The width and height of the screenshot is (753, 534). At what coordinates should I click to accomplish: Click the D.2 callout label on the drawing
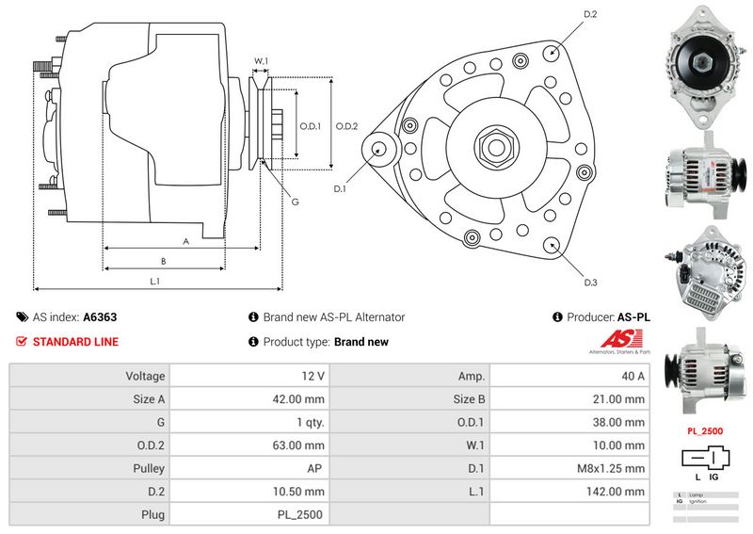[591, 14]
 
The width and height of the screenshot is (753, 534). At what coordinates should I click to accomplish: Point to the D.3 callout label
[591, 283]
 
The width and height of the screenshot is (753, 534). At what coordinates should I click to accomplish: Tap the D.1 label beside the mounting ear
[341, 188]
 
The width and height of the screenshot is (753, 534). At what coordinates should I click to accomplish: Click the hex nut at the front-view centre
[494, 147]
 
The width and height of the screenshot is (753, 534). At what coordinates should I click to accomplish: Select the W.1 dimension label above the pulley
[262, 61]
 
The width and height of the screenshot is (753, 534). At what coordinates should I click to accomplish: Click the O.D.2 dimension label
[347, 125]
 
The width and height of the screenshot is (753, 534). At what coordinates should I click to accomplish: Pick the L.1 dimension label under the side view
[154, 281]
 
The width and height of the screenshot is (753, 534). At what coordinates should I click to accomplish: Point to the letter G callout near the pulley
[295, 201]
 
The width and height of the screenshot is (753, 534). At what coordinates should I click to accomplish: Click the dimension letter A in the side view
[185, 241]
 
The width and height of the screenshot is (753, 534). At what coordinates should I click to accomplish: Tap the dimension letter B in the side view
[163, 261]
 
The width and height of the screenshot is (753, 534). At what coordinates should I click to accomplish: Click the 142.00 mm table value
[613, 491]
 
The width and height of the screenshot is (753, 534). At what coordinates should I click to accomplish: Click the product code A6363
[100, 317]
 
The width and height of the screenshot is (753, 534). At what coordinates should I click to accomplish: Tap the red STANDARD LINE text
[75, 342]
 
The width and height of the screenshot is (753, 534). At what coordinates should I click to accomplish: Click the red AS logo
[613, 341]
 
